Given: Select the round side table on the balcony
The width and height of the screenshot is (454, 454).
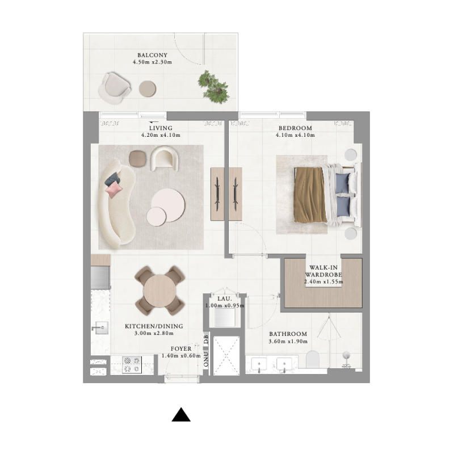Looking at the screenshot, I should (148, 88).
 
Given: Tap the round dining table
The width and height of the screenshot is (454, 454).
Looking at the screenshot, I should (160, 291).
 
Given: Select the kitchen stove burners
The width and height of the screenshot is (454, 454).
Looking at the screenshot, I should (132, 365).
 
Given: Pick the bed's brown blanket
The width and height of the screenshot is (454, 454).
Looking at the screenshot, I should (310, 195).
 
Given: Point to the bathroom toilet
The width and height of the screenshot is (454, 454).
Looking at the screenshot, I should (313, 359).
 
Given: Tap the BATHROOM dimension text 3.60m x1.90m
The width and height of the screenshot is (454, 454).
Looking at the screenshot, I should (288, 342).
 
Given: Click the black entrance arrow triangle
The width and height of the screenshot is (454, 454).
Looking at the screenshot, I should (181, 415).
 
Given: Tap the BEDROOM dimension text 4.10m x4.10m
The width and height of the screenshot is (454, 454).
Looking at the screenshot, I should (294, 136).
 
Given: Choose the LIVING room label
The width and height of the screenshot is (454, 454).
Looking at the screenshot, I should (161, 128).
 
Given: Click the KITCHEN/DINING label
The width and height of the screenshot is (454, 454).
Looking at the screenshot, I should (154, 326).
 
